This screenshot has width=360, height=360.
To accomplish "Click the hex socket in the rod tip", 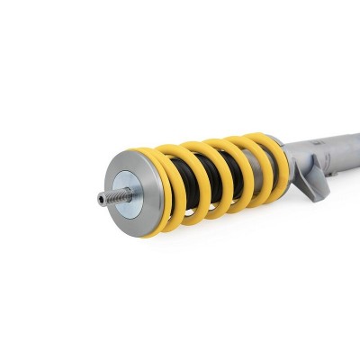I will pyautogui.click(x=100, y=199).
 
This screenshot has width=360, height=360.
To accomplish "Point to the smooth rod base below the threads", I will pyautogui.click(x=127, y=193).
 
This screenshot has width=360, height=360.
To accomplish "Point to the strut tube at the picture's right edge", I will pyautogui.click(x=355, y=145).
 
